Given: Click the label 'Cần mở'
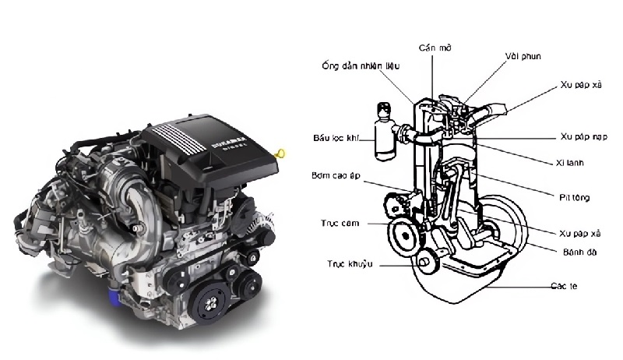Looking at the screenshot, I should [x=434, y=48].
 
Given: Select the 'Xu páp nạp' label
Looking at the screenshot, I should [x=583, y=136].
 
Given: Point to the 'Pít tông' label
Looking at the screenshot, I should [x=574, y=198].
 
